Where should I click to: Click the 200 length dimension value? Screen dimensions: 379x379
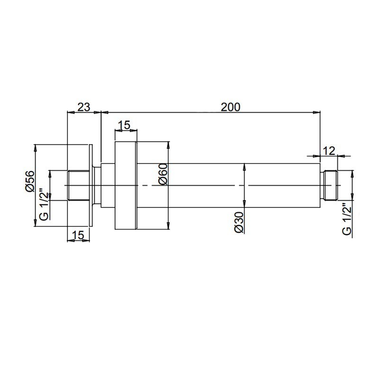[231, 107]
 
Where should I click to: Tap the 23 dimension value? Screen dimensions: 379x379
[84, 107]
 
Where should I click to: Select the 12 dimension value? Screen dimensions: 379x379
[329, 151]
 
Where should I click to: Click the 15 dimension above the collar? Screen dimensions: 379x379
[124, 125]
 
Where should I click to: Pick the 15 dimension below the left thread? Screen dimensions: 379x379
[79, 234]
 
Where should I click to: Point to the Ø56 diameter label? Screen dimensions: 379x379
[29, 181]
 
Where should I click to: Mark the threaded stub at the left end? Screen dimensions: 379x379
[79, 185]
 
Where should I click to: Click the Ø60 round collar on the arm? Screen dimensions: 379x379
[126, 185]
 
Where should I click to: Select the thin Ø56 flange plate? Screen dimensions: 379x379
[90, 185]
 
